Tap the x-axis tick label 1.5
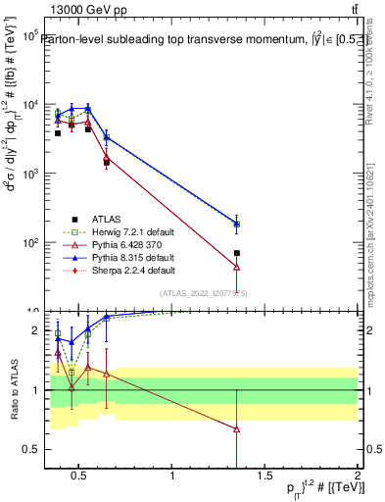click(x=265, y=477)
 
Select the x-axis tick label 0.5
click(x=80, y=477)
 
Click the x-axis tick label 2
click(x=357, y=477)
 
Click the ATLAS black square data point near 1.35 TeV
click(x=237, y=253)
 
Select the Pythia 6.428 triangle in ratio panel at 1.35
click(x=237, y=428)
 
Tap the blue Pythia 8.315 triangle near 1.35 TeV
click(x=237, y=224)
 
